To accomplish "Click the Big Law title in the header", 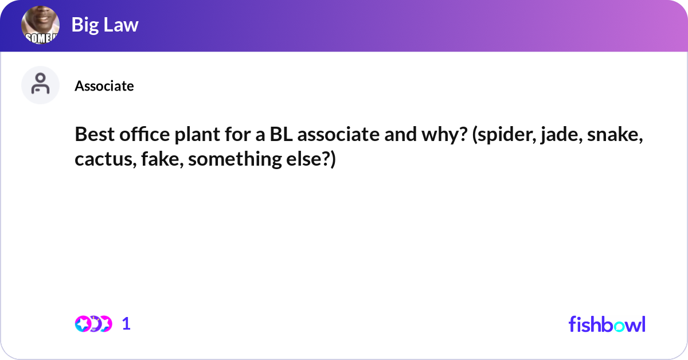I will tap(105, 25).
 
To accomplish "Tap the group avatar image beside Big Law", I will tap(41, 26).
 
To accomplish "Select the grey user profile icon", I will tap(41, 85).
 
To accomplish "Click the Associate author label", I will tap(104, 86).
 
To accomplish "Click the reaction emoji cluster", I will tap(93, 324).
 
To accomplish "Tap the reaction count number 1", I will tap(126, 324).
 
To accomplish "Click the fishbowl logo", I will tap(607, 324).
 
